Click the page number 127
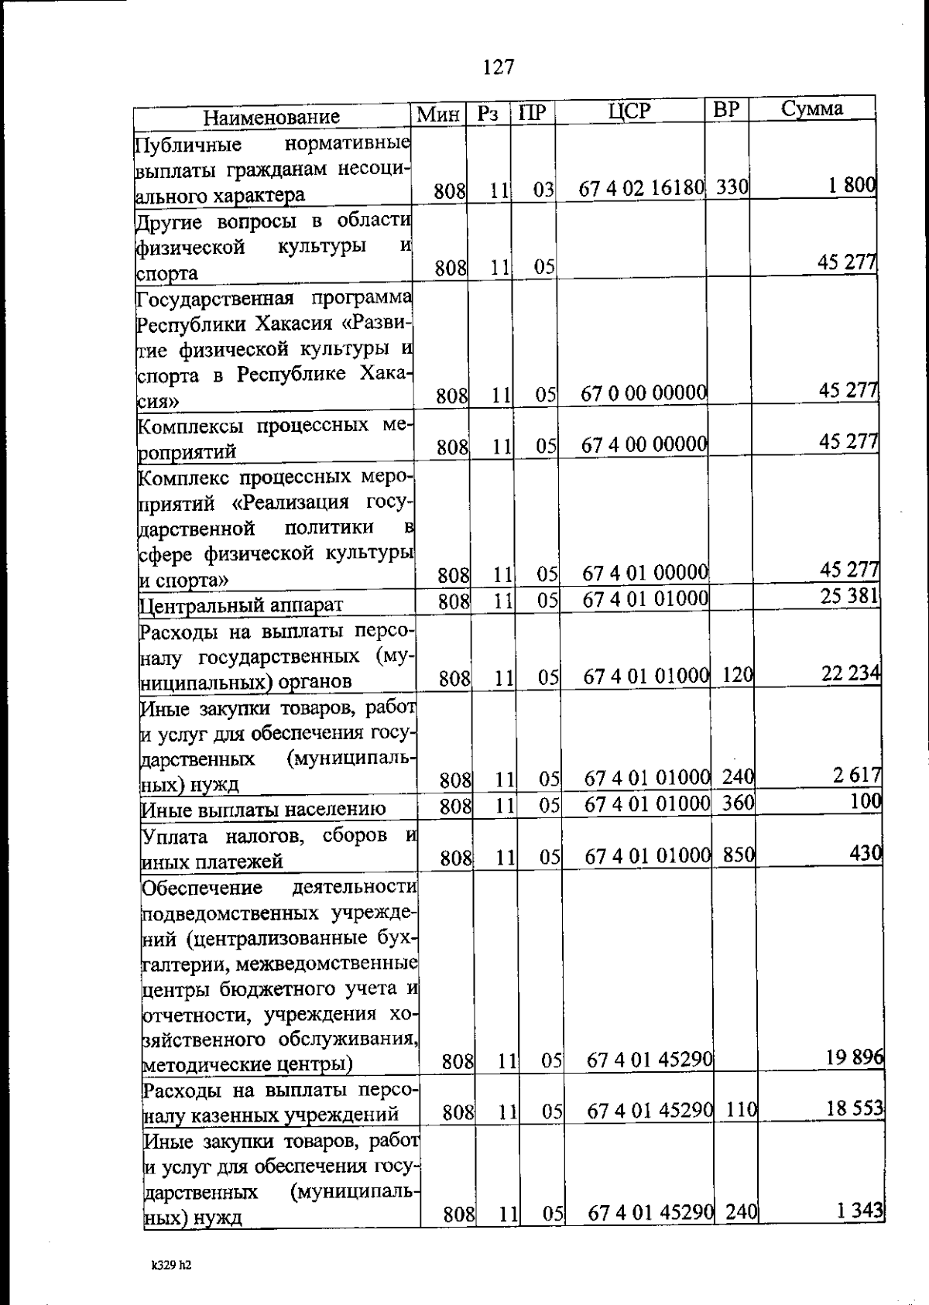498,68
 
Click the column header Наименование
271,117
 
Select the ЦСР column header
629,111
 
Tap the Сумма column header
811,109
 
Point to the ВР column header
726,111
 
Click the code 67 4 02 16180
642,189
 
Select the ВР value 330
732,187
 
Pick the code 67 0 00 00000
644,394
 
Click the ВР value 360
738,803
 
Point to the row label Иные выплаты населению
263,810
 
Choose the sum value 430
866,854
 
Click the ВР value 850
739,855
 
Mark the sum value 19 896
855,1058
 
